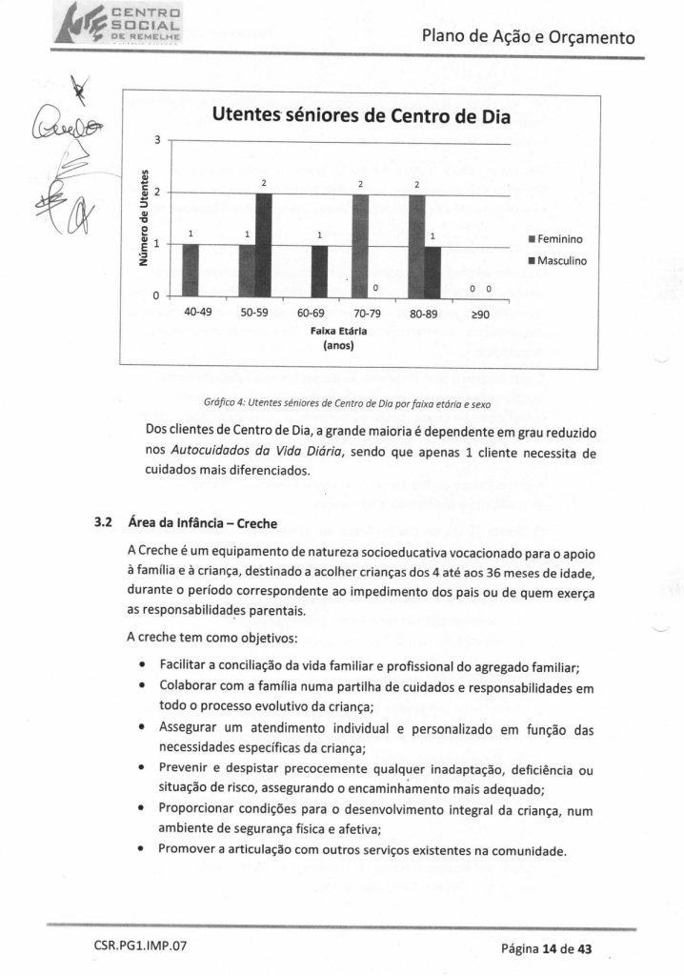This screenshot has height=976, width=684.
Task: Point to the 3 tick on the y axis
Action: coord(156,141)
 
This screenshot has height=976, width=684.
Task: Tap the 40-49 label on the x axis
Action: coord(197,312)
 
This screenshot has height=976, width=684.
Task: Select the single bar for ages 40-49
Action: coord(191,271)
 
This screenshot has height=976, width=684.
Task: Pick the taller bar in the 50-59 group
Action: coord(264,245)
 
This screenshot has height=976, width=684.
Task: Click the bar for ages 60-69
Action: coord(320,271)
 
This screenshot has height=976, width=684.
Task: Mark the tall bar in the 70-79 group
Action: coord(360,245)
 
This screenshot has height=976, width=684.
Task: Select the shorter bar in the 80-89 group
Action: coord(433,272)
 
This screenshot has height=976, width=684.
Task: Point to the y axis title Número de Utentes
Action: coord(143,218)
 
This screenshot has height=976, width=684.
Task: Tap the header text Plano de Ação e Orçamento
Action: coord(527,37)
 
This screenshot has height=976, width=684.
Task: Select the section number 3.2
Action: coord(105,521)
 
